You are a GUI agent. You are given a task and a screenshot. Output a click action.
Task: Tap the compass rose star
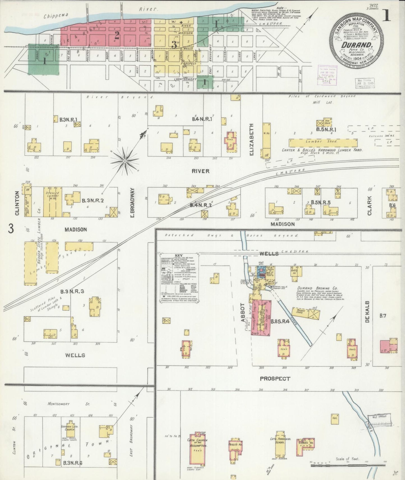125,161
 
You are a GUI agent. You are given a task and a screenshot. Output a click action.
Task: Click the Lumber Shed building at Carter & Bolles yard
323,143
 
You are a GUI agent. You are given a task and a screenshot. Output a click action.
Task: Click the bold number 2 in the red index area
117,35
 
